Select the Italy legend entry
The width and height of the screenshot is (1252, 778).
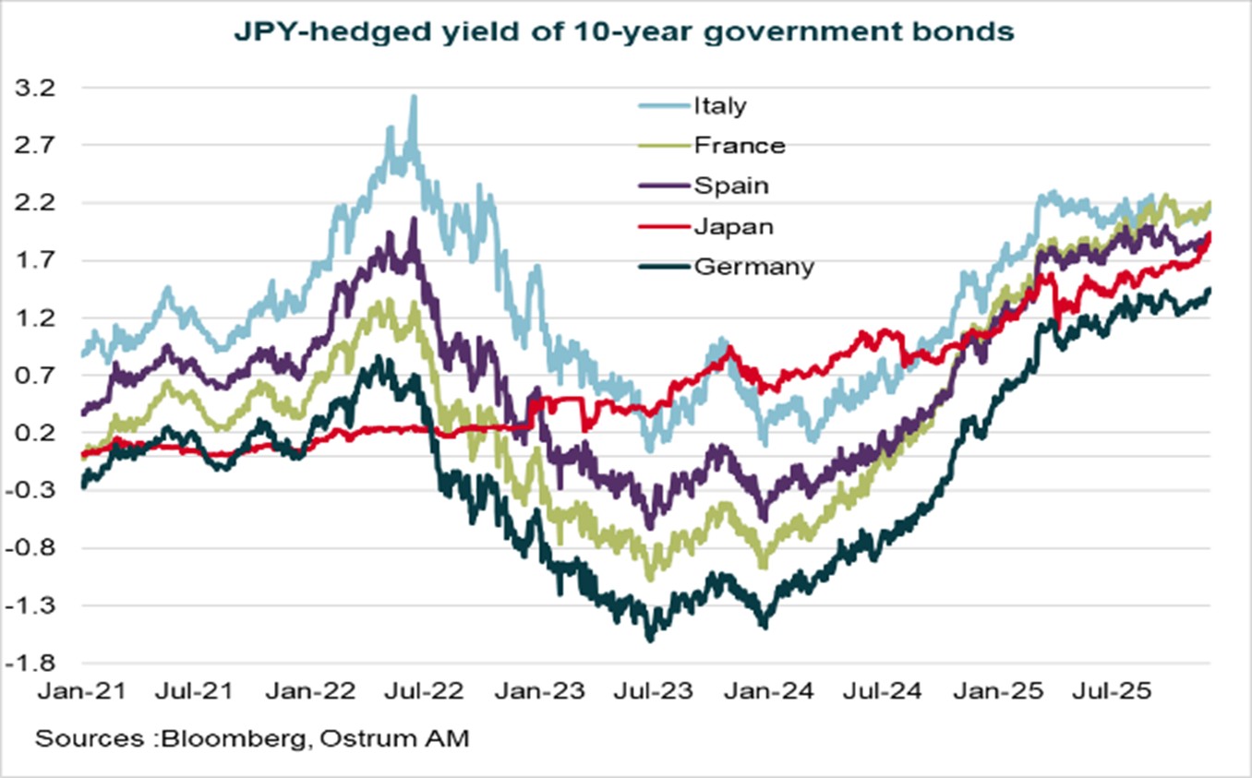[719, 105]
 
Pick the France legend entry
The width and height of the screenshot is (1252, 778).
[739, 145]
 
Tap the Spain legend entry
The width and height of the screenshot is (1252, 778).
[730, 186]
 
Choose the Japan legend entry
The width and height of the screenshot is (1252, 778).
[733, 226]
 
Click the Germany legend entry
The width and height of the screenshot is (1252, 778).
[753, 267]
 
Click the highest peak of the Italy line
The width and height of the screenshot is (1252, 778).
[414, 96]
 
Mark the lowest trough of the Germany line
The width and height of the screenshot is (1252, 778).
[650, 638]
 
